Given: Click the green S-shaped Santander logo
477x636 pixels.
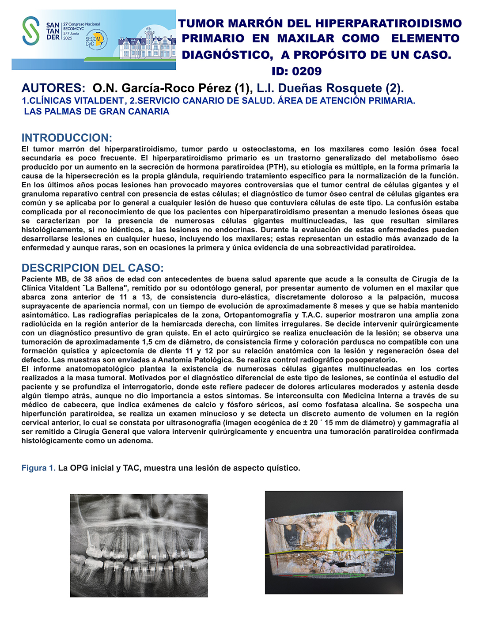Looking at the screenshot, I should [31, 30].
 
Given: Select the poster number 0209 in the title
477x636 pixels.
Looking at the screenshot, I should [307, 71].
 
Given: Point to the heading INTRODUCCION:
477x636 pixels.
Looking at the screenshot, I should [67, 137].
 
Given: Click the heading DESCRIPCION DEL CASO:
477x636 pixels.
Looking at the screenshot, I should [92, 268].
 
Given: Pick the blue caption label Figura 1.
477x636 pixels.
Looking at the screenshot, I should [38, 468].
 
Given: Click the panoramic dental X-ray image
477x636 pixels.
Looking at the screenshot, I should [139, 545].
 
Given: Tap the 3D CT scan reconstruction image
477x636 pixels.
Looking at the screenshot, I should [333, 542].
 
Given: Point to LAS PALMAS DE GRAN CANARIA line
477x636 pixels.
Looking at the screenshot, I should [97, 111].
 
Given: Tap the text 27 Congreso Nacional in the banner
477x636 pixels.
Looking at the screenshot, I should [82, 24].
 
